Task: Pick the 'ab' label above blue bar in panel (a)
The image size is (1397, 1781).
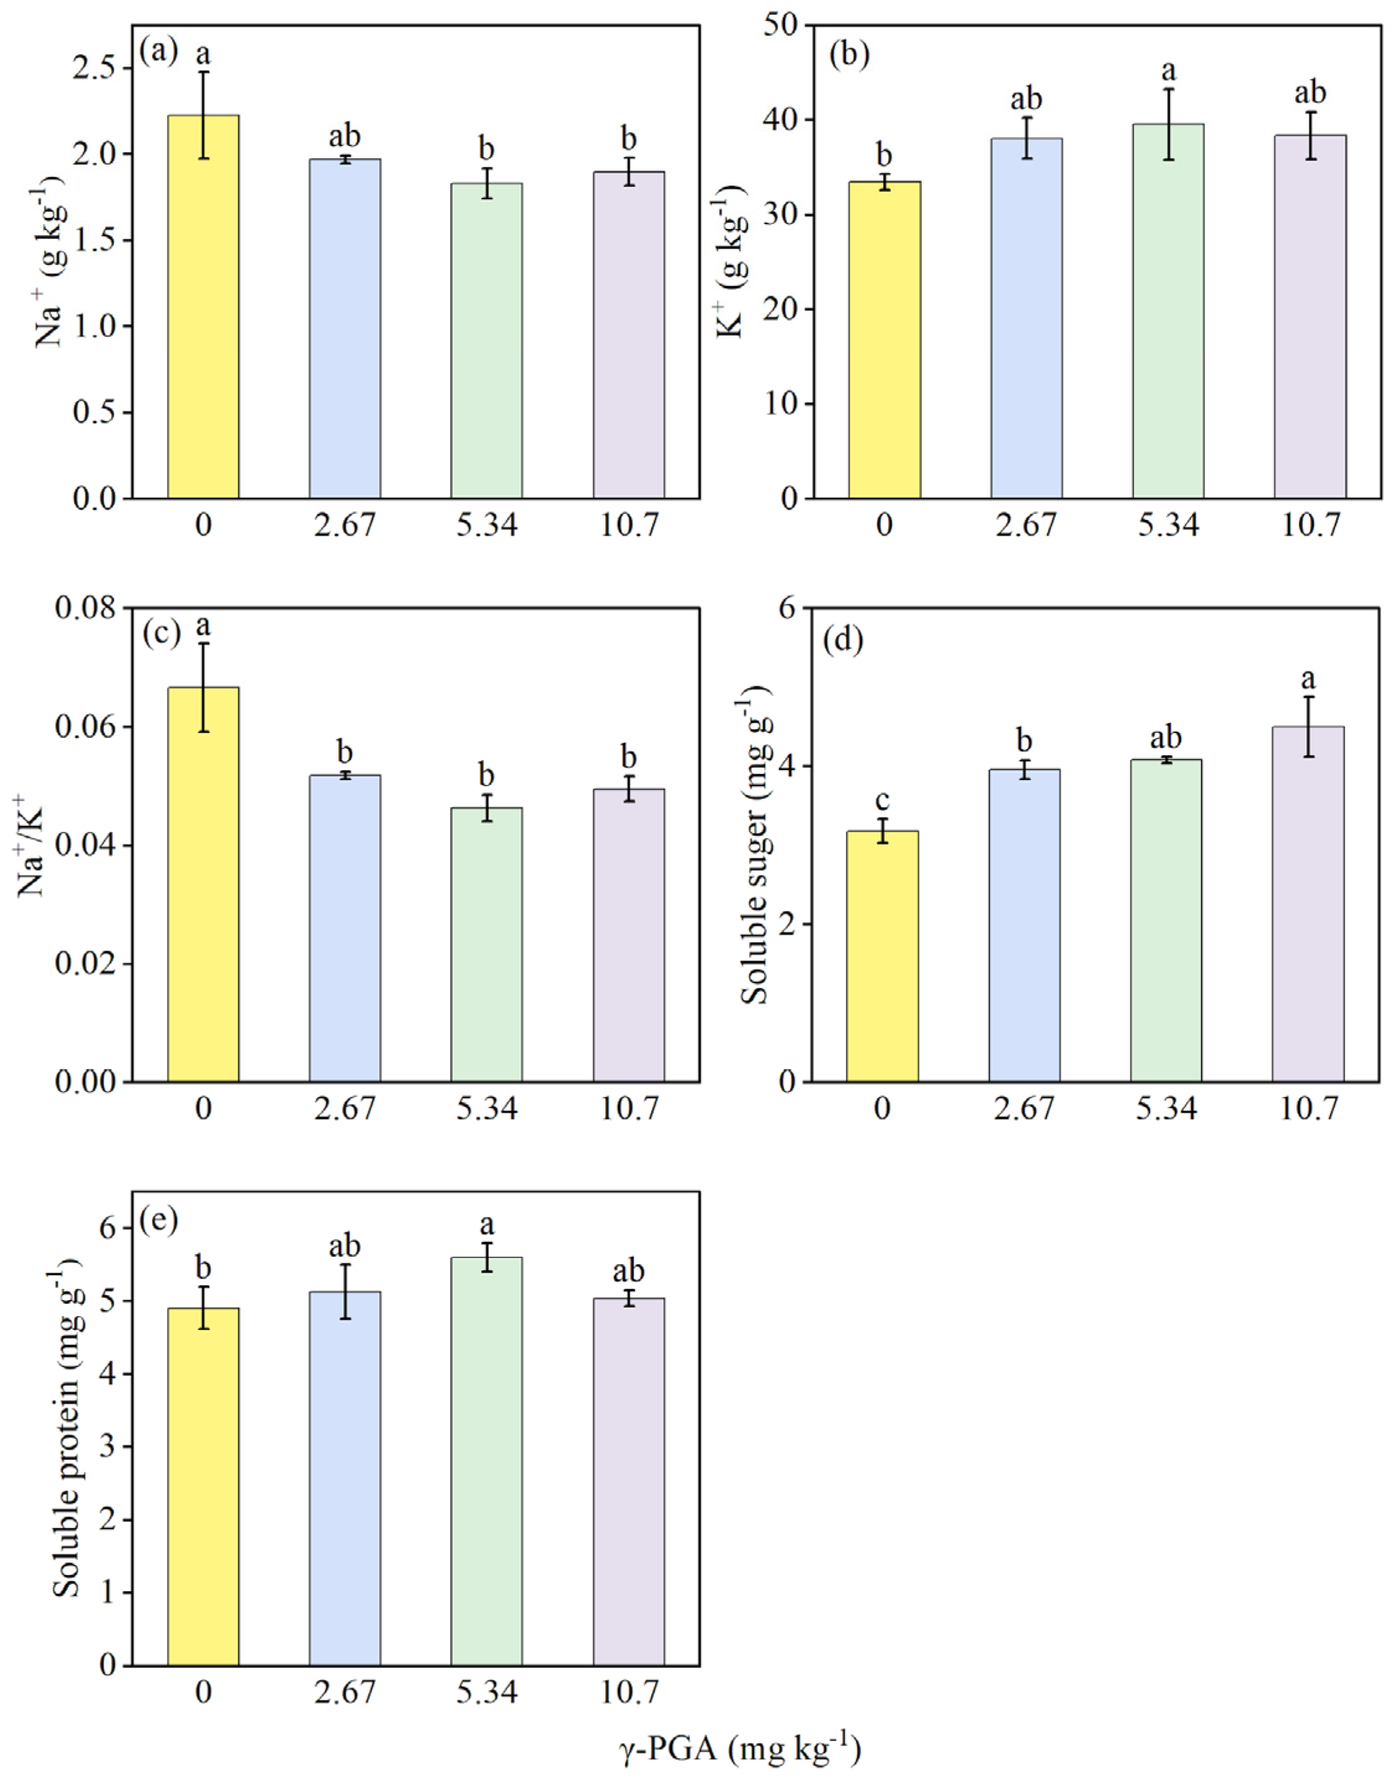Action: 344,136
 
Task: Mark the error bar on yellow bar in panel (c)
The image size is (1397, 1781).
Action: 203,687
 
